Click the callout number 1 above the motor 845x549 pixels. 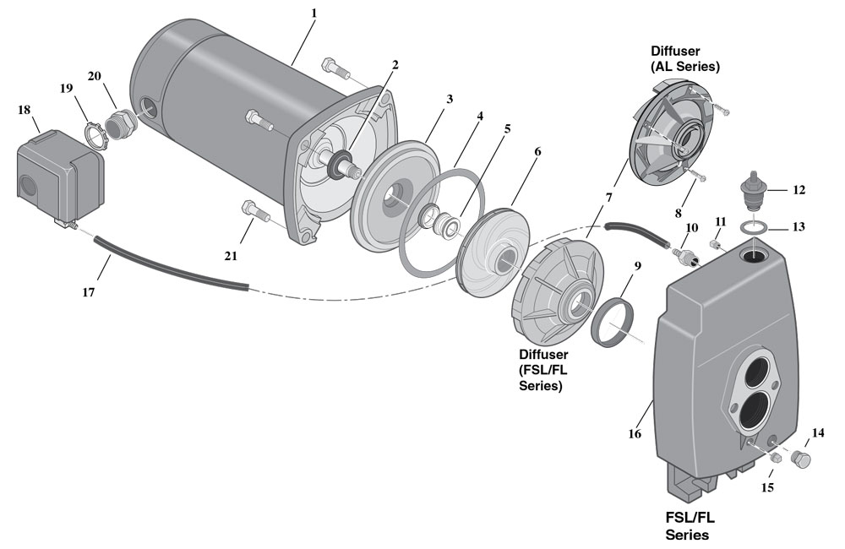click(x=313, y=13)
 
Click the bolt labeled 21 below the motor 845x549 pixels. click(x=253, y=209)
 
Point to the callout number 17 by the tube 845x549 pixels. click(x=89, y=293)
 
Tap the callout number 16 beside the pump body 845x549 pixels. click(x=635, y=434)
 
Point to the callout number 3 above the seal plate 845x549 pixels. click(x=450, y=99)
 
